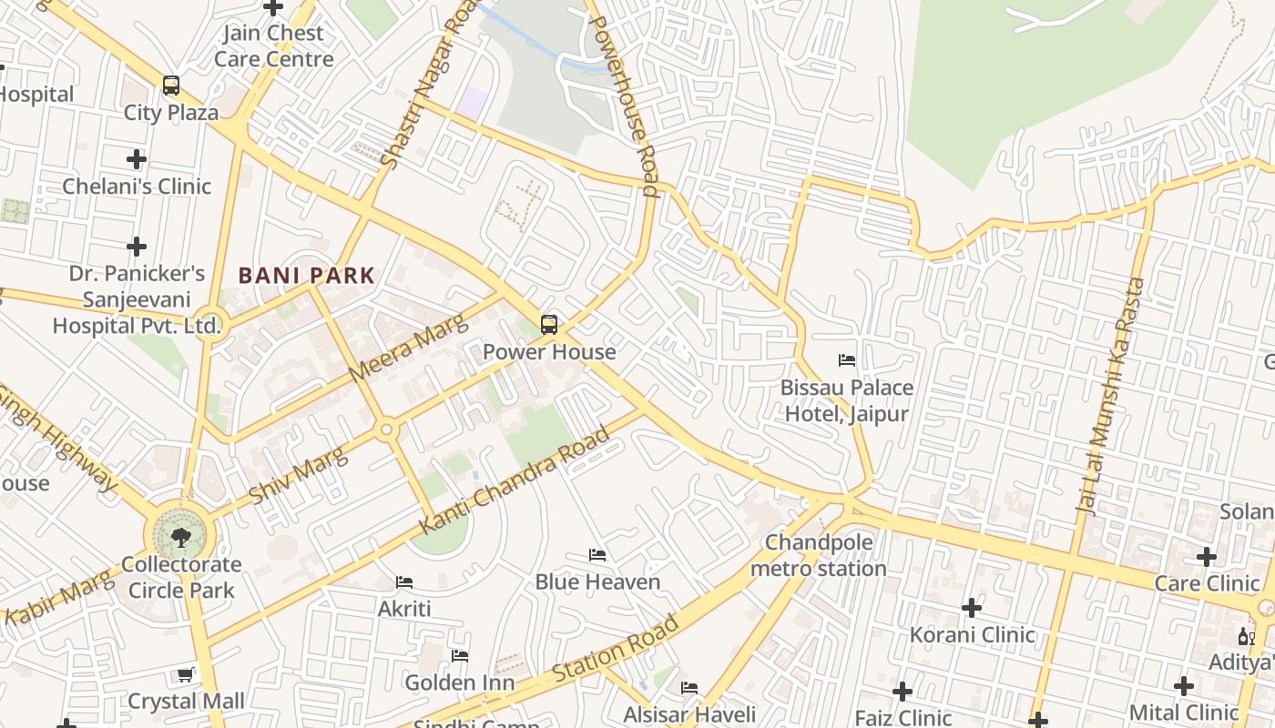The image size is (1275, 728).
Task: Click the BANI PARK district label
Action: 306,275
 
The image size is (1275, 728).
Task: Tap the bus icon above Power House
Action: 549,325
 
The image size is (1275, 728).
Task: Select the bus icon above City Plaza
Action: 171,86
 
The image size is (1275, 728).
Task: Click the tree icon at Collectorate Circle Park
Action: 181,536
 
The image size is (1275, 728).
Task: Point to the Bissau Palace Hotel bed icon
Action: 847,360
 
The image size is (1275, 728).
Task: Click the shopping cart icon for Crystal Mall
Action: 185,674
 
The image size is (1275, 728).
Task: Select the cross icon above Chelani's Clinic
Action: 137,159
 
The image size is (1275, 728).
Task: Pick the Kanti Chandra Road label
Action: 514,481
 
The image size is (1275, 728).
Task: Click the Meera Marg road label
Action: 408,349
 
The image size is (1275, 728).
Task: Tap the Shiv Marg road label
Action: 299,475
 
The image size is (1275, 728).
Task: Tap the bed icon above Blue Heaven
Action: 597,554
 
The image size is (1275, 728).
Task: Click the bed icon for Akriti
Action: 404,581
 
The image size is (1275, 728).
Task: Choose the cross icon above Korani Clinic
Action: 972,607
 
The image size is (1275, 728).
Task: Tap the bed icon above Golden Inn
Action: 460,655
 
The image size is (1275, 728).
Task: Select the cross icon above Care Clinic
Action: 1207,556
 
